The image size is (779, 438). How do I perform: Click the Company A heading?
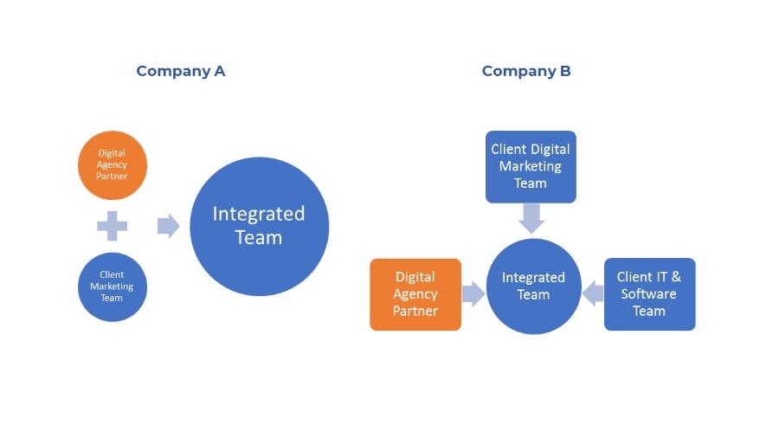pos(181,72)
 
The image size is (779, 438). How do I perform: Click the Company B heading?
pos(526,72)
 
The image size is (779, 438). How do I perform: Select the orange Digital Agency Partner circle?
pos(113,165)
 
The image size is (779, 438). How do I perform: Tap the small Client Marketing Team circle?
pos(113,287)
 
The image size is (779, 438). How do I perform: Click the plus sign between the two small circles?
pos(113,226)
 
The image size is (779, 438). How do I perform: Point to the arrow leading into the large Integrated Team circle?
pos(169,226)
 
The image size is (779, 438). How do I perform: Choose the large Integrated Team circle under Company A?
pos(259,227)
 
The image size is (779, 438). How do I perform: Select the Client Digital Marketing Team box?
pos(531,167)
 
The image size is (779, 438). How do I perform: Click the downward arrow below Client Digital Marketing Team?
pos(531,218)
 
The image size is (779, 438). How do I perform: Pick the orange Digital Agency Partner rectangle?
pos(415,294)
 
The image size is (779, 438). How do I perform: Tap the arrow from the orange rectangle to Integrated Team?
pos(473,294)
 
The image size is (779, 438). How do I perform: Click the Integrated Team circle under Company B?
pos(533,287)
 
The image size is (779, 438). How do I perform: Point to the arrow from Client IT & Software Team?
pos(593,293)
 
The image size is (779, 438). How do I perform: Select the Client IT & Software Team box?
pos(650,294)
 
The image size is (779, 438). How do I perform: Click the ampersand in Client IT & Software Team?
pos(676,277)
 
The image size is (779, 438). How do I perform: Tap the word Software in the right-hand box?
pos(649,294)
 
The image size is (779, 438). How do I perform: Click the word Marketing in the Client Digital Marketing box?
pos(531,167)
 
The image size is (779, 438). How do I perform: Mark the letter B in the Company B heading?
pos(565,71)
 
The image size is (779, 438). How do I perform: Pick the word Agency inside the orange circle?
pos(112,164)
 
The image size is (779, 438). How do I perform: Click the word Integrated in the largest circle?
pos(259,215)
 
